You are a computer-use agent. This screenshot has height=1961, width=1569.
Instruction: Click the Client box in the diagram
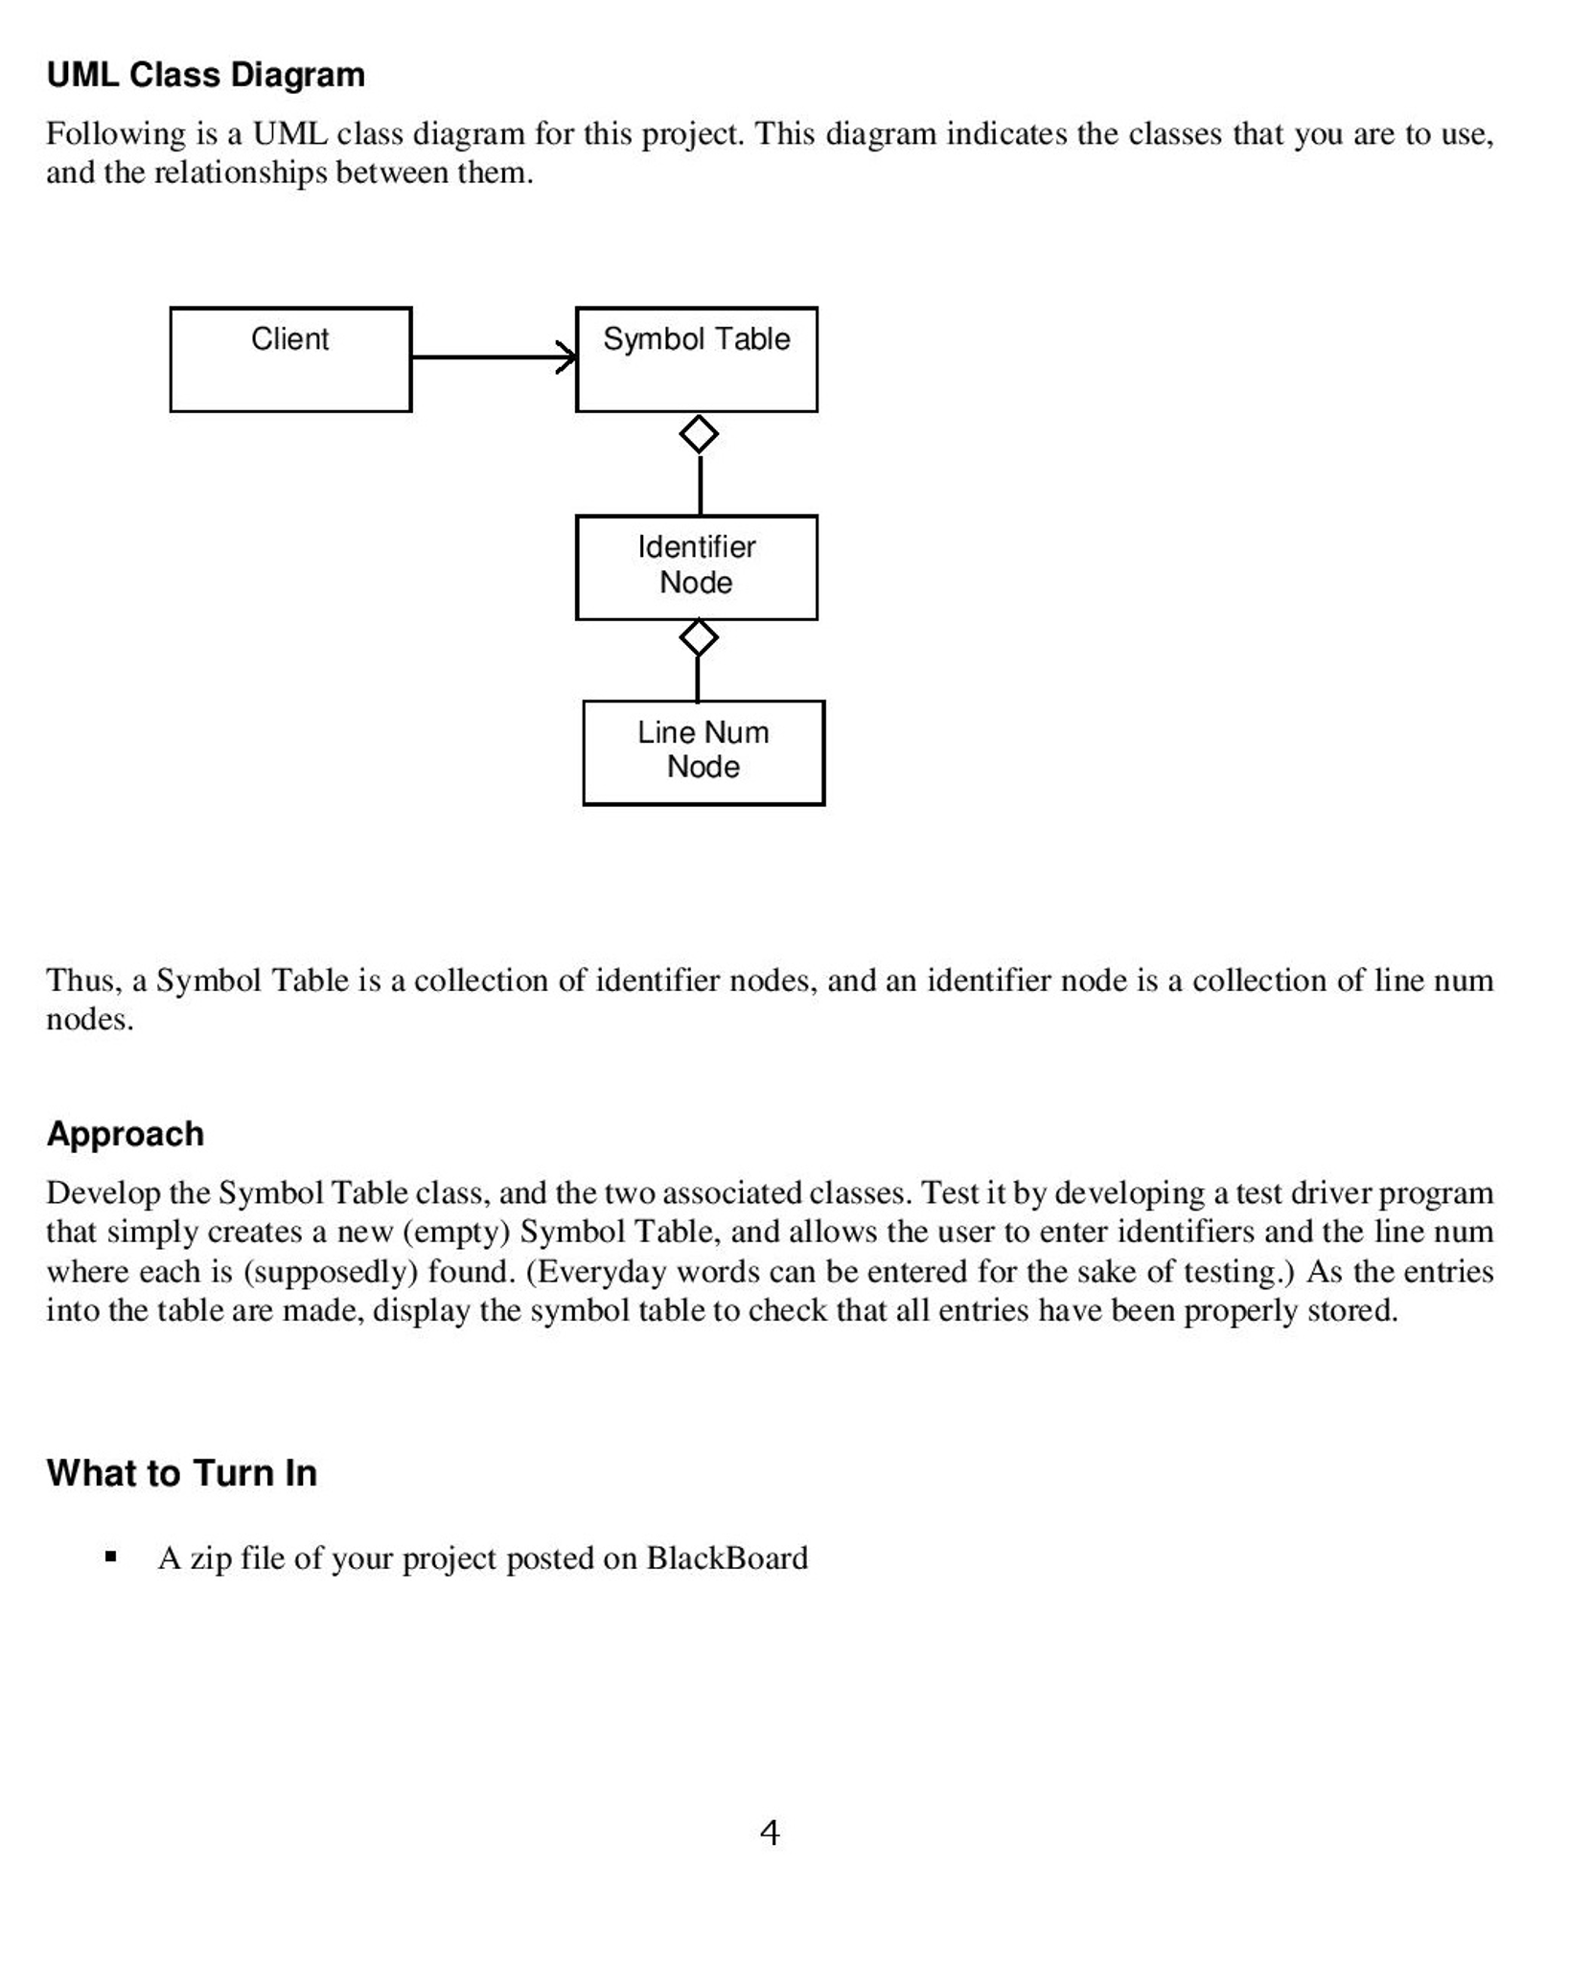(290, 359)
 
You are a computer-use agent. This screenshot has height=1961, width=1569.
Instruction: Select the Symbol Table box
(696, 359)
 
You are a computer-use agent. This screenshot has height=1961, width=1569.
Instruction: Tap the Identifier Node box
(696, 567)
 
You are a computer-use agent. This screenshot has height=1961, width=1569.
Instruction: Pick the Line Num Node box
(703, 752)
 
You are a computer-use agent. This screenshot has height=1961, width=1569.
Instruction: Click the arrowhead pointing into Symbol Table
(567, 358)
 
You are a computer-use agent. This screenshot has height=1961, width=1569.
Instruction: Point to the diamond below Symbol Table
(699, 434)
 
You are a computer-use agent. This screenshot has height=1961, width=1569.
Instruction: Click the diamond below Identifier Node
(698, 637)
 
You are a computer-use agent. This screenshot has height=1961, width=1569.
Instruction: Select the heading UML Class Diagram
(205, 75)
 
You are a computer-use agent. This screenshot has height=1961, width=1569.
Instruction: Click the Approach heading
(125, 1134)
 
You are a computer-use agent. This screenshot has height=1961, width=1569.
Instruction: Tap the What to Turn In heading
(181, 1473)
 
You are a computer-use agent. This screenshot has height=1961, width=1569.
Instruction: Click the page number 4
(769, 1833)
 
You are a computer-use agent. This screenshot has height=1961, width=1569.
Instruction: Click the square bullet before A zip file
(111, 1557)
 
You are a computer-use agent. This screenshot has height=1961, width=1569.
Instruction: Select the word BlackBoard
(727, 1557)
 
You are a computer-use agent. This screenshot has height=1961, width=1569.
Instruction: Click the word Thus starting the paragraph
(82, 980)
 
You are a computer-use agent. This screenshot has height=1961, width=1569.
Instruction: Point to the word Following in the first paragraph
(115, 133)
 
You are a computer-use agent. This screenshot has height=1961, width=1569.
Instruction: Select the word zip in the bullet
(211, 1558)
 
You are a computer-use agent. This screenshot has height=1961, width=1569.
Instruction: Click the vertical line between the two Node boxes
(697, 679)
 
